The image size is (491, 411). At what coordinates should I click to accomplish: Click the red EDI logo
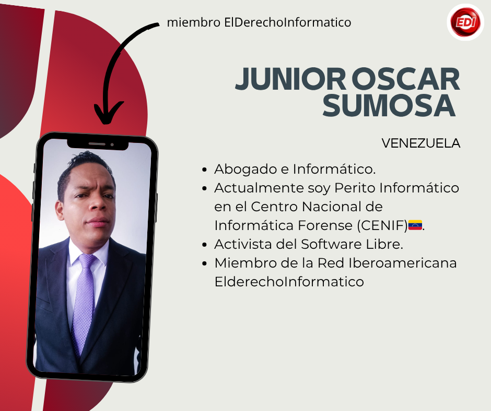[465, 22]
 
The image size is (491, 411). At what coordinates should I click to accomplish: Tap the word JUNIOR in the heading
[290, 79]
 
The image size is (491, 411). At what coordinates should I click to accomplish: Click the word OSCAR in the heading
[408, 79]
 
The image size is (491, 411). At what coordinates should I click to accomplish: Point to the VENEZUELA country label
[421, 143]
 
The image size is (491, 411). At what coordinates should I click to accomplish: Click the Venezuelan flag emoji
[415, 225]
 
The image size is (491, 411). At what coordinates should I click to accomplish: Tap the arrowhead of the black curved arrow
[108, 113]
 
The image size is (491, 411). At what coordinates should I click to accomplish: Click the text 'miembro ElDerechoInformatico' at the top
[259, 22]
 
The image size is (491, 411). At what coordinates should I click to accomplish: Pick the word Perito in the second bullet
[355, 188]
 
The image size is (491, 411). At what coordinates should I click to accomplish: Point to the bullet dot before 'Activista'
[204, 245]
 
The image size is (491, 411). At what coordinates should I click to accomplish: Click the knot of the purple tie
[87, 260]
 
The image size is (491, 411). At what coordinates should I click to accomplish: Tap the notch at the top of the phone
[98, 144]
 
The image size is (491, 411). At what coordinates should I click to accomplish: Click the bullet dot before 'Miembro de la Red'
[204, 263]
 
